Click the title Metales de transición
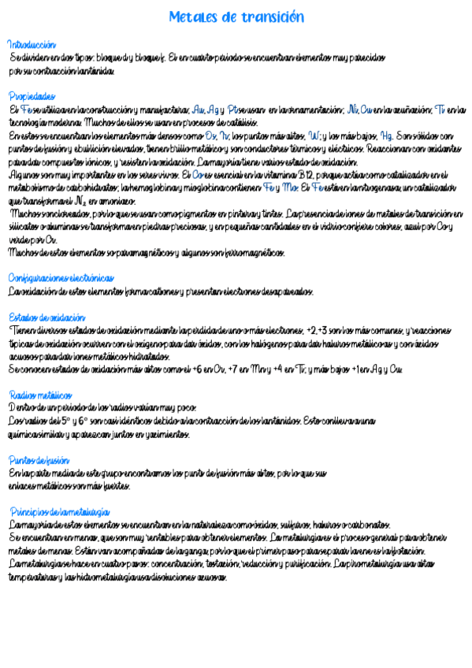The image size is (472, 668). tap(236, 17)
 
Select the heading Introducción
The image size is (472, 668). tap(32, 45)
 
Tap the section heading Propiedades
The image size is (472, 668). tap(32, 96)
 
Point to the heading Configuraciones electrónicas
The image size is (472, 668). tap(61, 278)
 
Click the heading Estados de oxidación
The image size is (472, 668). tap(46, 317)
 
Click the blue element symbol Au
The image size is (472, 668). tap(198, 109)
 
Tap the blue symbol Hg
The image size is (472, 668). tap(388, 135)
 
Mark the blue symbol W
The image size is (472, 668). tap(314, 135)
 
